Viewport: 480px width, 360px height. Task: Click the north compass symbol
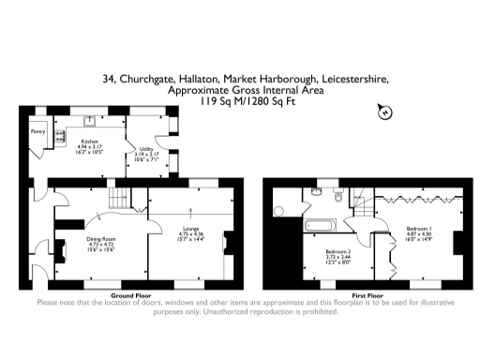pos(383,112)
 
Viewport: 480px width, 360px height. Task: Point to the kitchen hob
pos(59,138)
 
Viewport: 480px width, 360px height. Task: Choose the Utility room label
pos(147,148)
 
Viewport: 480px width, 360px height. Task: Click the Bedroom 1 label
pos(419,228)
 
